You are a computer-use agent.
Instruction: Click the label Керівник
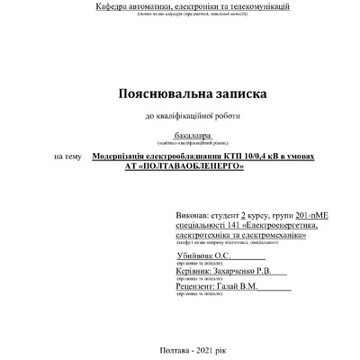[x=195, y=271]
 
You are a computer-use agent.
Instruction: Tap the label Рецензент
[x=198, y=287]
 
